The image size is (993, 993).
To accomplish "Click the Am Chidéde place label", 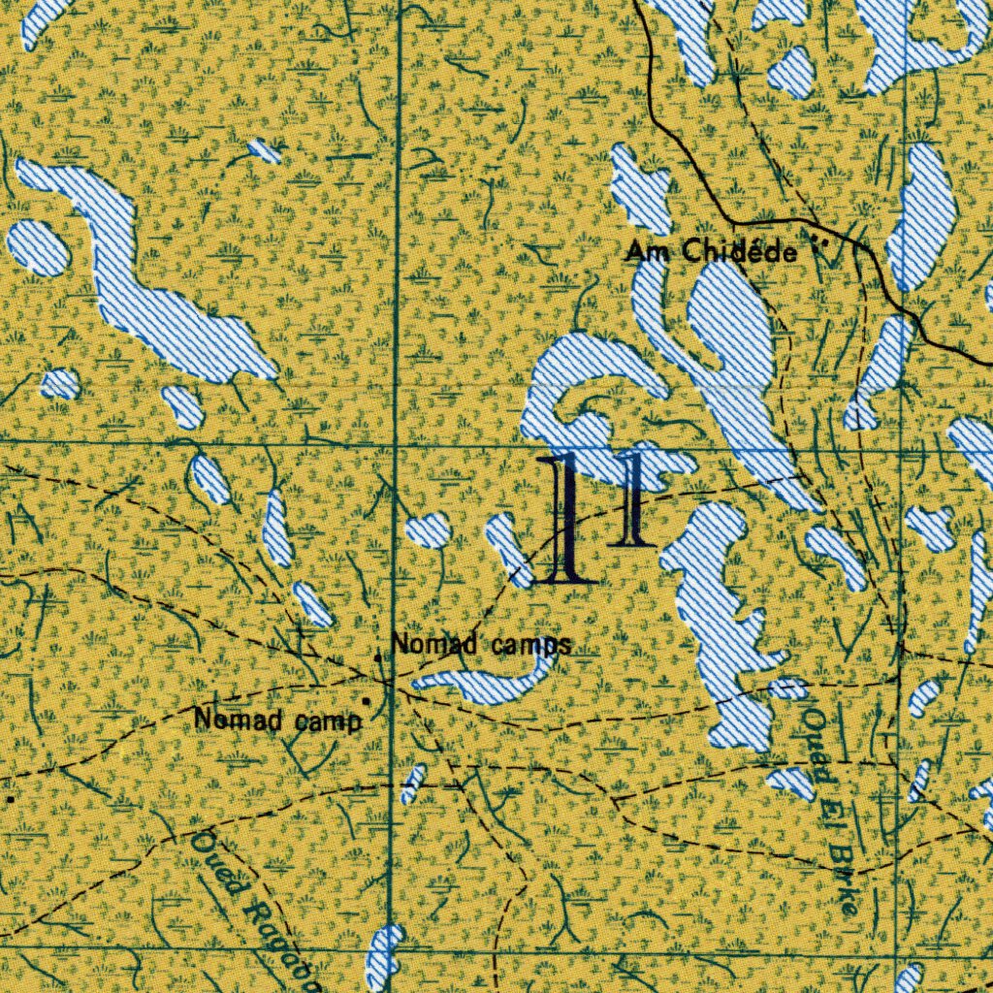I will point(711,253).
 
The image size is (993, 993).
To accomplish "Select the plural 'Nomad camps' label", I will point(480,644).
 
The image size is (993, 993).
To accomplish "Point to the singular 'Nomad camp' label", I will point(277,720).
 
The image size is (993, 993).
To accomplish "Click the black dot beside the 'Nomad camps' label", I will point(378,658).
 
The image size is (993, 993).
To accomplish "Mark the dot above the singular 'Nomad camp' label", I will point(367,699).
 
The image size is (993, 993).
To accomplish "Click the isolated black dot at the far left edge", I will point(10,800).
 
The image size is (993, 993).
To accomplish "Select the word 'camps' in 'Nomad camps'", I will point(529,644).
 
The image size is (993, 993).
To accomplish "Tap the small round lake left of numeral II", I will point(428,529).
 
